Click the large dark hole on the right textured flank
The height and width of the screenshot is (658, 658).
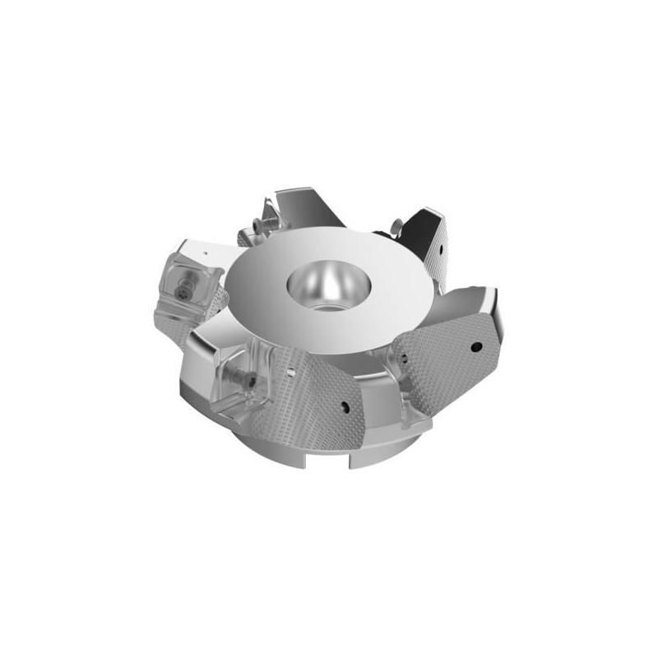475,346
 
